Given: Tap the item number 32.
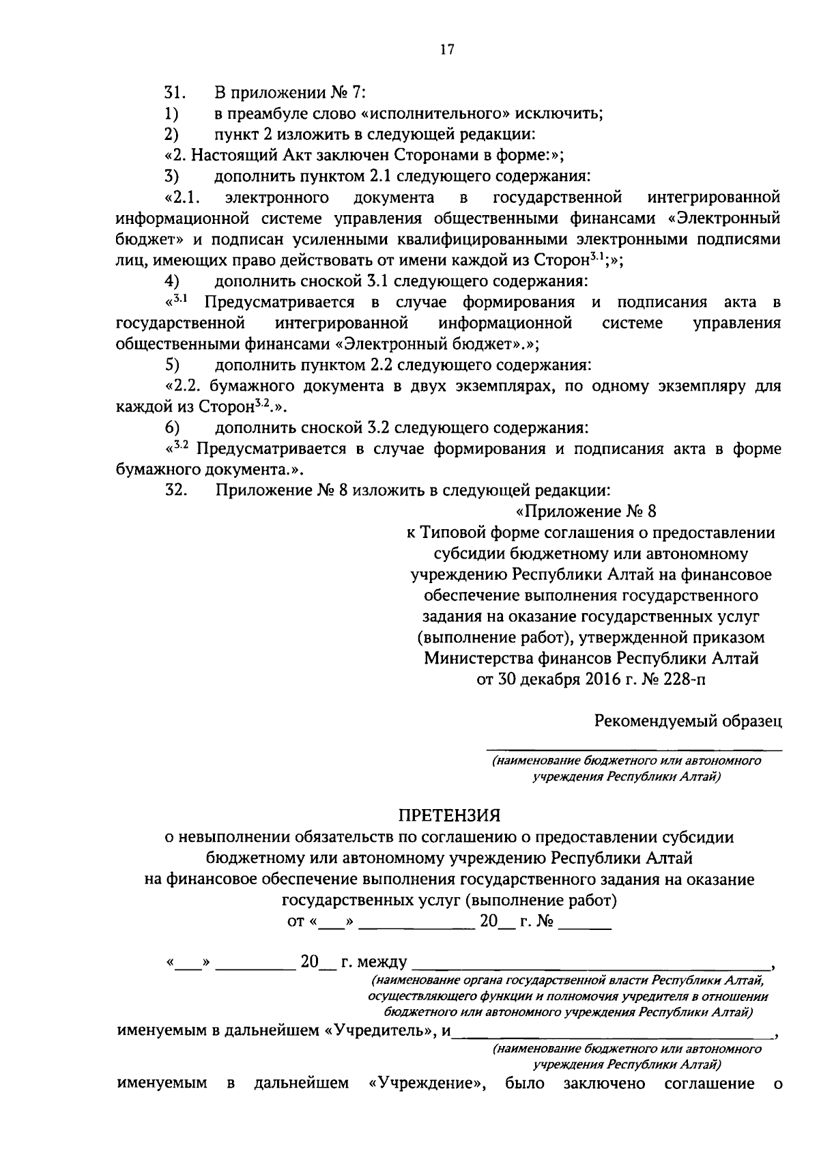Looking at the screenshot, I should pyautogui.click(x=175, y=490).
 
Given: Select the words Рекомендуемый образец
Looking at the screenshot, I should pyautogui.click(x=687, y=721).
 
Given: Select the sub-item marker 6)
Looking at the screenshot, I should pyautogui.click(x=172, y=428).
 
